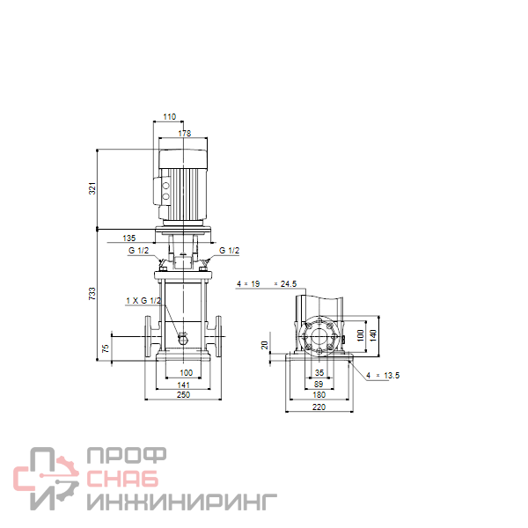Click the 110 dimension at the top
tap(169, 116)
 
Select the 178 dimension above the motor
tap(185, 134)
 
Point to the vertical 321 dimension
tap(92, 188)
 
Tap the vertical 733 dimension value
tap(92, 294)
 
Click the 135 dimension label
tap(129, 238)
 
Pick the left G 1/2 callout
tap(138, 250)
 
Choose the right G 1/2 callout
tap(230, 250)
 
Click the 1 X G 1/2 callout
tap(143, 300)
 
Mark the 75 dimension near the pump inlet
tap(106, 348)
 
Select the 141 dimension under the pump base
tap(184, 385)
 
